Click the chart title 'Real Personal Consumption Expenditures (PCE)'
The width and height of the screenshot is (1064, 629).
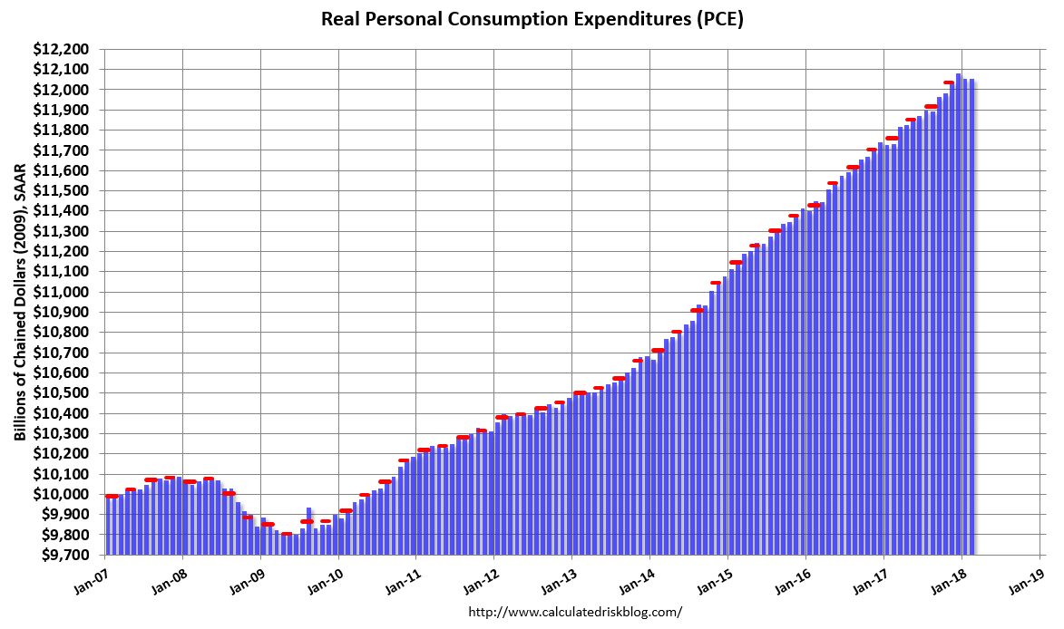point(532,19)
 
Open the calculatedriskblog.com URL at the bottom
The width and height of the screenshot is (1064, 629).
point(575,612)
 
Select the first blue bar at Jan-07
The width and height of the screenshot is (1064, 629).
point(108,526)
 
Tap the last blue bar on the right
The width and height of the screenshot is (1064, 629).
point(971,317)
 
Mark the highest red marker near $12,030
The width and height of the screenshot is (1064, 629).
point(949,82)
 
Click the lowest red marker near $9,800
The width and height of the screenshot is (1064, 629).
point(287,534)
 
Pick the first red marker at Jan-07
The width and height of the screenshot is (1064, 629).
point(112,496)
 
